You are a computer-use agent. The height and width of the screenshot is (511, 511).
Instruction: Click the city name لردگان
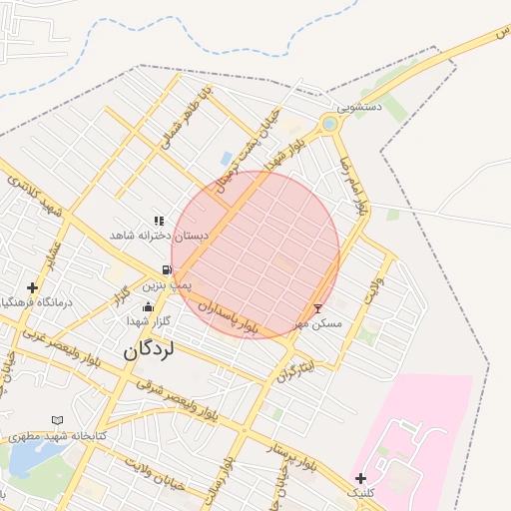click(149, 350)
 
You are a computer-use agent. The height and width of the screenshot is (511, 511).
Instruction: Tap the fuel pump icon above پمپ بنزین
click(166, 269)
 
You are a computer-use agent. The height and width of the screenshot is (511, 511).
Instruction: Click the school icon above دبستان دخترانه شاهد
click(158, 221)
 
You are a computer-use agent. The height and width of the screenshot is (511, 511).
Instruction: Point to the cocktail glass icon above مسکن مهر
click(318, 309)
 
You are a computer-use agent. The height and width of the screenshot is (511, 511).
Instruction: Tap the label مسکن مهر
click(318, 324)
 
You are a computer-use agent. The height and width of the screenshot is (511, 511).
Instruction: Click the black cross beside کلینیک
click(360, 479)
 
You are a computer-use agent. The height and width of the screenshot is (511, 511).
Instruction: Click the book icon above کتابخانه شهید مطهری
click(57, 420)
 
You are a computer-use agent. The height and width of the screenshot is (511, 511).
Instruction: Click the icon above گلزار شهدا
click(149, 306)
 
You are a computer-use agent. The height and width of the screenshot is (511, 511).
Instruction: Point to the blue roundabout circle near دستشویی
click(328, 124)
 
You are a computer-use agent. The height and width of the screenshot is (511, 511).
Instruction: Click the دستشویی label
click(357, 106)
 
